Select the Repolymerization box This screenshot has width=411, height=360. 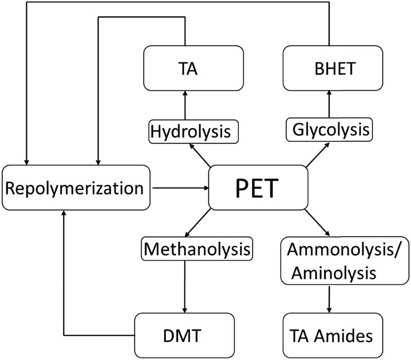coord(74,189)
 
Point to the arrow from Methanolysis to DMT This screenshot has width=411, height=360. coord(184,285)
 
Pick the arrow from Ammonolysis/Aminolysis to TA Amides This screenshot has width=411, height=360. coord(327,300)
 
